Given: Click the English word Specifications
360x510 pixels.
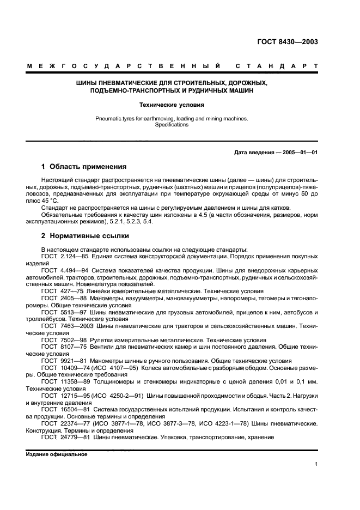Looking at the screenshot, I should tap(172, 124).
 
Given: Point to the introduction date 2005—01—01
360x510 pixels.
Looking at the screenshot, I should tap(300, 153).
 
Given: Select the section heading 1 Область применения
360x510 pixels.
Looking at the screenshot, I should tap(84, 167).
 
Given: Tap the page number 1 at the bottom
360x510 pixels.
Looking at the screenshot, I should tap(316, 464).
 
